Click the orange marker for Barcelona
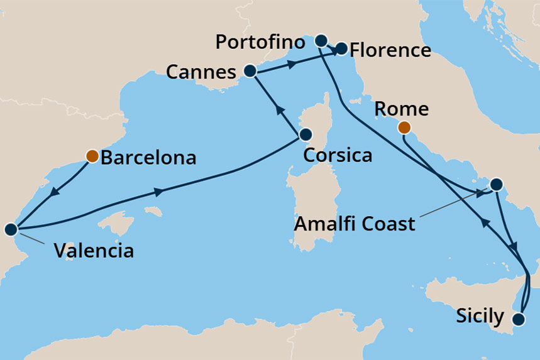pos(92,155)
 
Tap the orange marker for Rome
pos(404,128)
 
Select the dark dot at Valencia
pos(11,229)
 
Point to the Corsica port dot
pos(306,134)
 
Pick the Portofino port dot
pos(321,41)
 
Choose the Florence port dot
pos(341,48)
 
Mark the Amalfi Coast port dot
pos(495,185)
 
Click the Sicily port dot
pos(519,319)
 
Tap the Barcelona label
pos(148,157)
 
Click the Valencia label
pos(94,251)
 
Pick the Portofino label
pos(260,43)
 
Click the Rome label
pos(401,109)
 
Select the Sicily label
pos(480,316)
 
